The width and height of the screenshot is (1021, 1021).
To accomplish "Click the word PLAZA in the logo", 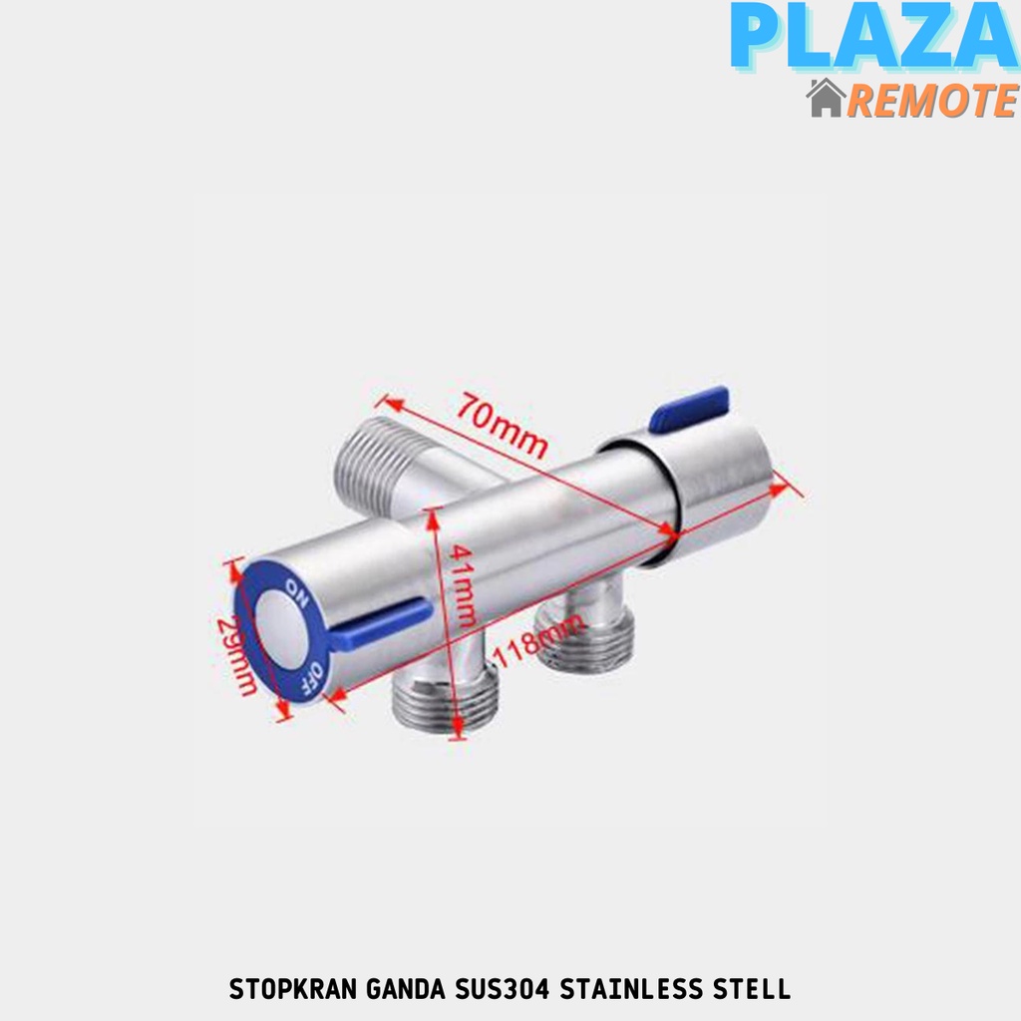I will (871, 40).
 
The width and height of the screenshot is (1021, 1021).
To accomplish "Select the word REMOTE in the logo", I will (931, 100).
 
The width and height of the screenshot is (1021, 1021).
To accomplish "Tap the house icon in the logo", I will (827, 99).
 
